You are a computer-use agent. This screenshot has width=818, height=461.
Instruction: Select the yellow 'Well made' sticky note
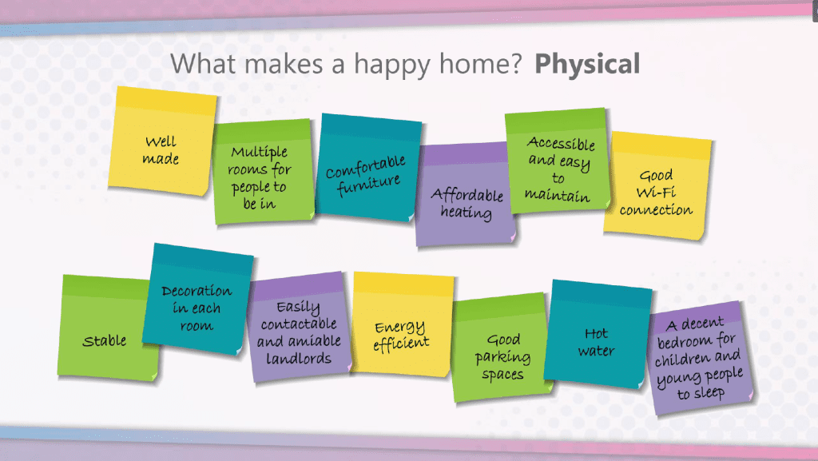pyautogui.click(x=161, y=141)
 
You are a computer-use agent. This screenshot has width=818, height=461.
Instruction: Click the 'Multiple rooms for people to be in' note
pyautogui.click(x=262, y=172)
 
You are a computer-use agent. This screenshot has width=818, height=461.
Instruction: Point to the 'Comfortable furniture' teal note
pyautogui.click(x=368, y=168)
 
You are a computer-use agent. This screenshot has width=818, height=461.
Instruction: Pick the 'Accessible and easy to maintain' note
pyautogui.click(x=557, y=161)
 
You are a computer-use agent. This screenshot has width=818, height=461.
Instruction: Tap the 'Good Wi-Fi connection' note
pyautogui.click(x=657, y=186)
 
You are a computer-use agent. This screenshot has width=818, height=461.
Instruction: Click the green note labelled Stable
pyautogui.click(x=107, y=328)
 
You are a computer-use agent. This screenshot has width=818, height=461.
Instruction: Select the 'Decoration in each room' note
pyautogui.click(x=198, y=300)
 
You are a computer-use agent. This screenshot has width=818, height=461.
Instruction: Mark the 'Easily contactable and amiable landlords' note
pyautogui.click(x=299, y=327)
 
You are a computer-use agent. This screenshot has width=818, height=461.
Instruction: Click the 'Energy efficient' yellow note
pyautogui.click(x=403, y=324)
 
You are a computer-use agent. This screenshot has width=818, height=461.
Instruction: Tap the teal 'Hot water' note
pyautogui.click(x=598, y=334)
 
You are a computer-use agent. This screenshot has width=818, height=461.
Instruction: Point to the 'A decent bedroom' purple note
pyautogui.click(x=700, y=358)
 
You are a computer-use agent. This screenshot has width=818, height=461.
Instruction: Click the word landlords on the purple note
pyautogui.click(x=299, y=359)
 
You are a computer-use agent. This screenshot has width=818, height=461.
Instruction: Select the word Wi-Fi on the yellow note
pyautogui.click(x=657, y=193)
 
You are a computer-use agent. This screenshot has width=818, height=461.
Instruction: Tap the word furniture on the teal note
pyautogui.click(x=368, y=185)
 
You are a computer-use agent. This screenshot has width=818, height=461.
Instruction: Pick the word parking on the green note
pyautogui.click(x=503, y=358)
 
